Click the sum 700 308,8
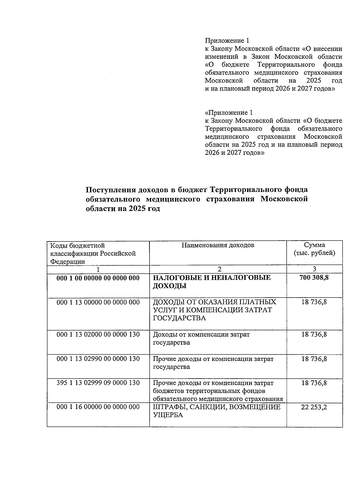tap(314, 277)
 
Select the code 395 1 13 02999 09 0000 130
tap(98, 383)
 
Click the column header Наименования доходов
tap(218, 245)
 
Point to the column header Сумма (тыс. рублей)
tap(314, 249)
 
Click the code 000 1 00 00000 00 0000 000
tap(98, 278)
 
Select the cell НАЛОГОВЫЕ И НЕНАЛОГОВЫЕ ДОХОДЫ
tap(212, 282)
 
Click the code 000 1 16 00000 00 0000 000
tap(98, 407)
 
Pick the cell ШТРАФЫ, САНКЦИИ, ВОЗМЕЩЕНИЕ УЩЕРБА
tap(217, 411)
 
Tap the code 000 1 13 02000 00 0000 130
tap(98, 334)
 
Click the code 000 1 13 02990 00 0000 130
tap(98, 359)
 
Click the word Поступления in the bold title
tap(109, 190)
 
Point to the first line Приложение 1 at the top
tap(227, 40)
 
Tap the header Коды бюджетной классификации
tap(93, 253)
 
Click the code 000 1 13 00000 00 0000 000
tap(98, 302)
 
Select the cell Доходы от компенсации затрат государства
tap(201, 338)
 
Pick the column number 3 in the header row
tap(314, 269)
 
